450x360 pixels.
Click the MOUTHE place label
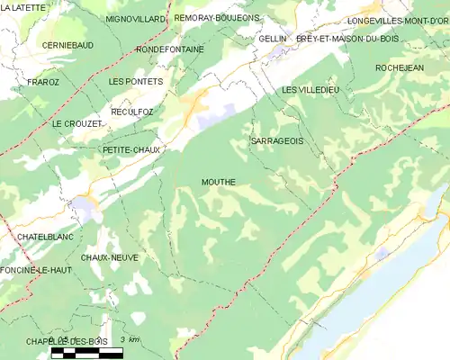tap(219, 182)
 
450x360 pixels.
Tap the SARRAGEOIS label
tap(276, 142)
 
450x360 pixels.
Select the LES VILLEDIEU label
tap(310, 90)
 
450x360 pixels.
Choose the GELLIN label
tap(272, 40)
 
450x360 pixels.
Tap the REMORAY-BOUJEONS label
tap(216, 18)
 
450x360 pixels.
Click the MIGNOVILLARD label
tap(136, 18)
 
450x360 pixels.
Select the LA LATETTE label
tap(23, 8)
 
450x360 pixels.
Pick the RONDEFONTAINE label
tap(170, 49)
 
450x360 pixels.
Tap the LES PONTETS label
tap(135, 82)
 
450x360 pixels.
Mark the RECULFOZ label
tap(132, 112)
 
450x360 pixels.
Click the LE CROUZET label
tap(76, 123)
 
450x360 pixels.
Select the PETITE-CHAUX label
tap(131, 149)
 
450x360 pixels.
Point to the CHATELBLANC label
tap(45, 237)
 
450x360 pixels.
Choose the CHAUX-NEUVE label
tap(109, 257)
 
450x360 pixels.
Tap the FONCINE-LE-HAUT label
tap(36, 270)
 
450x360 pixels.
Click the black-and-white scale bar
tap(86, 353)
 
